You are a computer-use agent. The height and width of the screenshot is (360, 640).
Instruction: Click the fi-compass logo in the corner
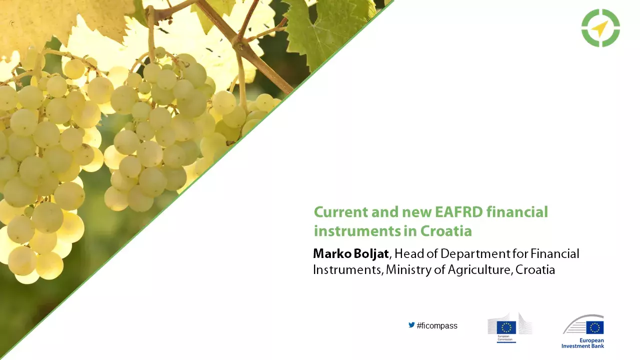600,28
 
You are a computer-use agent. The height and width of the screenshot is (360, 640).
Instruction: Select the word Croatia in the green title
446,231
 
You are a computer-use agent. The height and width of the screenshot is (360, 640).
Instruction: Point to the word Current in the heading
340,212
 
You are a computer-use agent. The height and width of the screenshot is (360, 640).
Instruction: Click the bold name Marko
332,253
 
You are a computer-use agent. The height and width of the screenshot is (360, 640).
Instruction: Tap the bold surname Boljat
370,253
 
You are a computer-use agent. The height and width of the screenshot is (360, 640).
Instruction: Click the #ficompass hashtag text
437,326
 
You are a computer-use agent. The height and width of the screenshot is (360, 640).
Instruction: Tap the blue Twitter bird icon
411,325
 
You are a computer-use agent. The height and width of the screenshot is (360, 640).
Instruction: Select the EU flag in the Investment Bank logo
595,327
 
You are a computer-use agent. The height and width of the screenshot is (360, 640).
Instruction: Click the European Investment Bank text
582,343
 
